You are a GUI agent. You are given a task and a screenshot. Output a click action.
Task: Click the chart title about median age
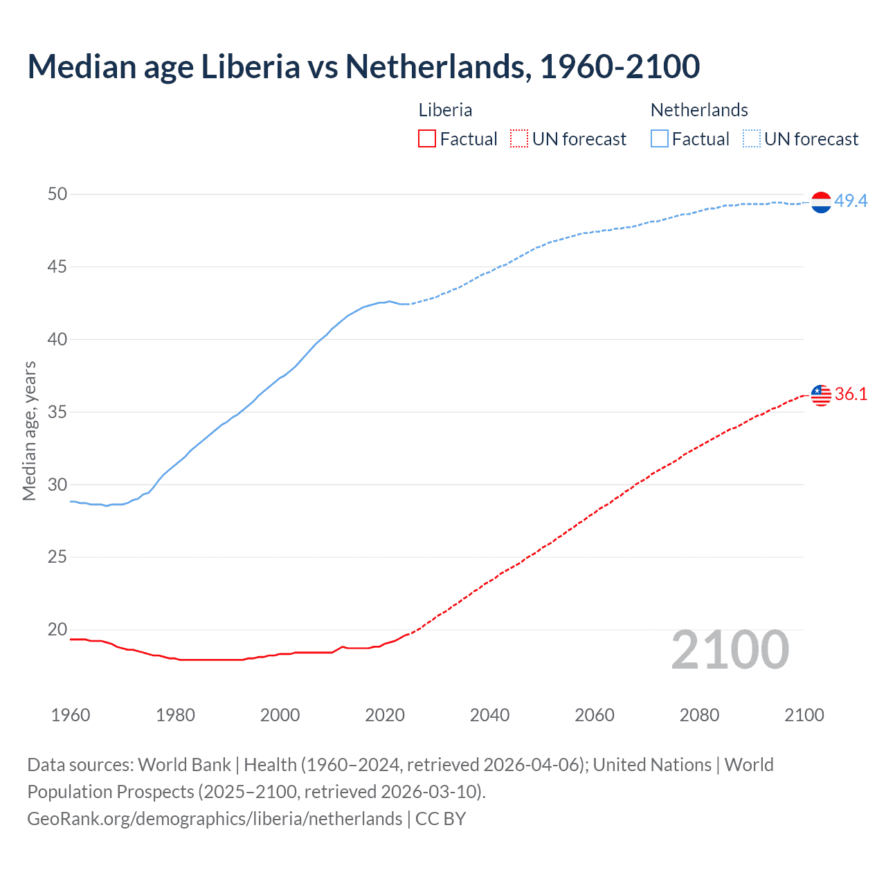pos(363,66)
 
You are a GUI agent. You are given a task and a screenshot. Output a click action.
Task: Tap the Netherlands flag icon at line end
pos(821,202)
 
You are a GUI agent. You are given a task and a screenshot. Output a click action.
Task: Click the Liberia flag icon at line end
pos(821,395)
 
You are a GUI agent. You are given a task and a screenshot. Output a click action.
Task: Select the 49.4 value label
pos(851,201)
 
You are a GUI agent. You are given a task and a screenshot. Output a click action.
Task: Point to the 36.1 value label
pos(851,394)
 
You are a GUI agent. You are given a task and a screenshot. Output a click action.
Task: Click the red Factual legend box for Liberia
pos(427,139)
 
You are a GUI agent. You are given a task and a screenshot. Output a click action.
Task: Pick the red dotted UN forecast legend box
pos(519,139)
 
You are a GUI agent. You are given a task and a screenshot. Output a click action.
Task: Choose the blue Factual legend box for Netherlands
pos(660,139)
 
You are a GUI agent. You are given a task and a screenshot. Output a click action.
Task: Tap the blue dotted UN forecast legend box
pos(752,139)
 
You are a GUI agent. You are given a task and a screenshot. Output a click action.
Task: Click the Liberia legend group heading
pos(445,110)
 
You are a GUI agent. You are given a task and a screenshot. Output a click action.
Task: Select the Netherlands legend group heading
pos(699,110)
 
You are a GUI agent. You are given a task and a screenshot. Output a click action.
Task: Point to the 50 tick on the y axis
pos(57,194)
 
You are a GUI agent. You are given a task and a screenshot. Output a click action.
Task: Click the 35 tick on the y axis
pos(57,412)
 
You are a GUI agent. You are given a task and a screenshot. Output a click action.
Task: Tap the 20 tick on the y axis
pos(57,629)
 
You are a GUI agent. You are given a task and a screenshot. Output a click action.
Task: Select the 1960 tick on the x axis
pos(71,715)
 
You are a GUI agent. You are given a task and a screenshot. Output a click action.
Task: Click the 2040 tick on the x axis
pos(489,715)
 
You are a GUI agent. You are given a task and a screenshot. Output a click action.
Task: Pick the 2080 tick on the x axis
pos(699,715)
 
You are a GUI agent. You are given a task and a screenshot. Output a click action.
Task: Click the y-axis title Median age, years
pos(29,431)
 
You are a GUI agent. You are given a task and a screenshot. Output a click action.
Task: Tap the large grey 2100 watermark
pos(730,650)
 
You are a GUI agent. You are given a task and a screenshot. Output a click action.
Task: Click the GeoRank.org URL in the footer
pos(215,819)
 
